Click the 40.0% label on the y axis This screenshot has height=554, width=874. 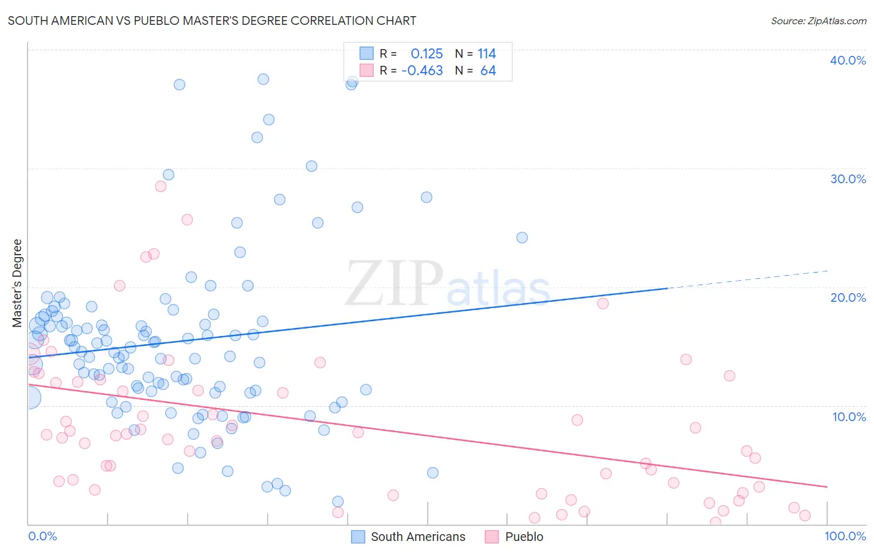(x=848, y=60)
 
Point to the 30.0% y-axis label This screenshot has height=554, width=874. (x=848, y=179)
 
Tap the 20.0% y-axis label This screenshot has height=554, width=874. (x=848, y=297)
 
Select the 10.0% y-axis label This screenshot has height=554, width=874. (x=849, y=417)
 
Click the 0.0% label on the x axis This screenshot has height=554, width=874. (x=42, y=536)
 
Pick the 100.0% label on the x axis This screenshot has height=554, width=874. (x=845, y=536)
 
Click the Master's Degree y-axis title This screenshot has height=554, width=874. (x=17, y=283)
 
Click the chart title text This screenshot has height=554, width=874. (x=212, y=20)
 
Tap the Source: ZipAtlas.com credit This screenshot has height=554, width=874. (x=818, y=20)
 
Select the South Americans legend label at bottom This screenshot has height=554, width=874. (x=418, y=537)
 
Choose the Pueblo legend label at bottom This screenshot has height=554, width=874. (x=524, y=537)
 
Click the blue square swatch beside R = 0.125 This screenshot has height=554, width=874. (x=367, y=53)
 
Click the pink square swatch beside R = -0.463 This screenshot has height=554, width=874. (x=367, y=70)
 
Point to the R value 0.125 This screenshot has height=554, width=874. (x=426, y=53)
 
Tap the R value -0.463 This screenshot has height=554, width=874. (x=422, y=70)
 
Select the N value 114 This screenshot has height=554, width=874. (x=487, y=53)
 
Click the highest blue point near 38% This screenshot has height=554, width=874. (x=263, y=79)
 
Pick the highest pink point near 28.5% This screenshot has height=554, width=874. (x=160, y=186)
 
